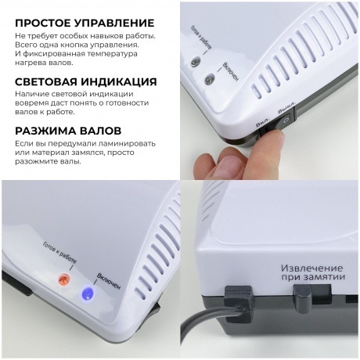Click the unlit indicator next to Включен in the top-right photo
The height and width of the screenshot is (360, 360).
(x=209, y=78)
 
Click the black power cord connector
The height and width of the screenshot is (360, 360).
(x=237, y=302)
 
